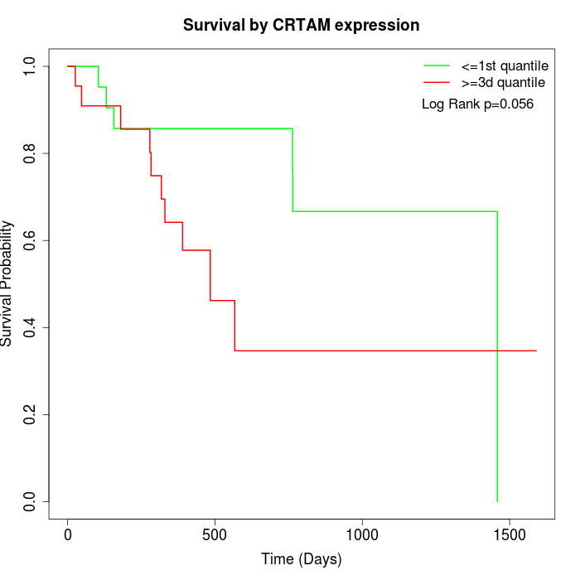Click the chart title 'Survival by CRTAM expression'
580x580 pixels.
301,25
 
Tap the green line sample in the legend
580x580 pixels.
437,65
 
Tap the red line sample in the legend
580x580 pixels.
437,83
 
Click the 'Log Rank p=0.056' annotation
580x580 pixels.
477,104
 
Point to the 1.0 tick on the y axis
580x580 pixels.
30,66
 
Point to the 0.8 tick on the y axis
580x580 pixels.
30,153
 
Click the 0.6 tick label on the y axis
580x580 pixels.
30,240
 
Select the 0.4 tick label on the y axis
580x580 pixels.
30,327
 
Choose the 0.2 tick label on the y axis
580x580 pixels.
30,414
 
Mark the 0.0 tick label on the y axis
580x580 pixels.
30,501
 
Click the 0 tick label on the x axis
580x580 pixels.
68,535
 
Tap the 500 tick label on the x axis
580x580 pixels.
215,535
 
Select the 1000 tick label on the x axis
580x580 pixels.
362,535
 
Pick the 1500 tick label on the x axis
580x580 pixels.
509,535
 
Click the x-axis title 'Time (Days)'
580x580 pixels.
301,559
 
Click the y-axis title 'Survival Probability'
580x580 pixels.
8,283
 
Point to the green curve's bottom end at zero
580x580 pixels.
497,500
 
